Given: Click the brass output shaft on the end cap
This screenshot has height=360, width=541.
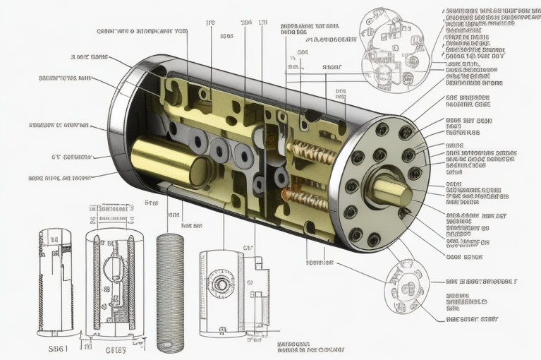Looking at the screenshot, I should pyautogui.click(x=389, y=188).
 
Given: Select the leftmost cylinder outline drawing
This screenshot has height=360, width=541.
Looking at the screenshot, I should pyautogui.click(x=55, y=280).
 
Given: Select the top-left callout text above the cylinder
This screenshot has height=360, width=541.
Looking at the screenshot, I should pyautogui.click(x=141, y=31).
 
